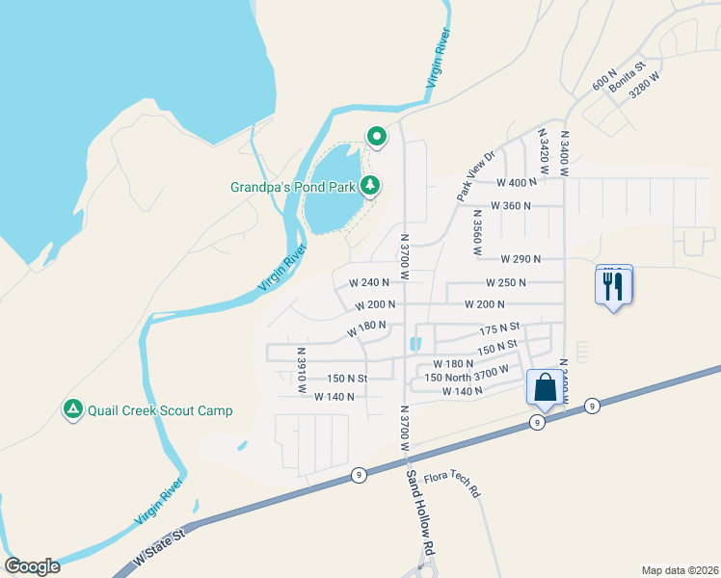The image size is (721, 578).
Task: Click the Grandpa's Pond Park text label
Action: [293, 186]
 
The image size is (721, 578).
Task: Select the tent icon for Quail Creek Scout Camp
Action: [72, 409]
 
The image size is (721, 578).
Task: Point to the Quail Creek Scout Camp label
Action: [159, 410]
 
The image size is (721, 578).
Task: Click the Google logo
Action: [32, 566]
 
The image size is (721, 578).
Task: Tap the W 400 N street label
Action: [517, 182]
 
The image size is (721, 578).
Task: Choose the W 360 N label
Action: [511, 205]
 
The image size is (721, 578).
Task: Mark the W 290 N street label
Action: [521, 258]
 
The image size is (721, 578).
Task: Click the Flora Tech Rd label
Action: [459, 483]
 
